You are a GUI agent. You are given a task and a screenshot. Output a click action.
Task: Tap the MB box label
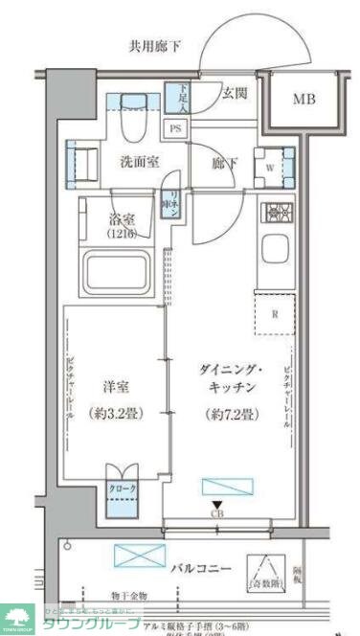coord(304,99)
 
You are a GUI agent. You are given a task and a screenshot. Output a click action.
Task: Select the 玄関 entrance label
coord(236,93)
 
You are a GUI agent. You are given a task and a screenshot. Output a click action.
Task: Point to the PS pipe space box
coord(176,126)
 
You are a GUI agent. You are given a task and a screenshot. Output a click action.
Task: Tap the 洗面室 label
coord(139,163)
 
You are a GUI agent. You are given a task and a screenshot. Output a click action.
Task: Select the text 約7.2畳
coord(229,415)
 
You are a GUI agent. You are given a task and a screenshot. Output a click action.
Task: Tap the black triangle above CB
coord(216,507)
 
